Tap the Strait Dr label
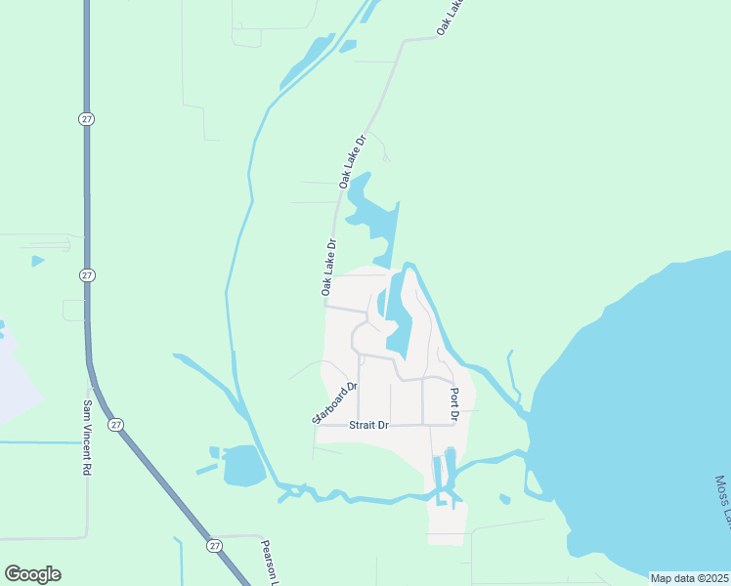click(x=369, y=425)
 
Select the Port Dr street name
click(x=454, y=398)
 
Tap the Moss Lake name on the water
click(x=721, y=502)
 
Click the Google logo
click(x=32, y=574)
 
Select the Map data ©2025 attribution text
click(x=689, y=578)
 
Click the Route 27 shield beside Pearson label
click(x=213, y=542)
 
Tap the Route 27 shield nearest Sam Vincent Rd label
click(x=116, y=424)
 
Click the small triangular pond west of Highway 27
click(x=37, y=261)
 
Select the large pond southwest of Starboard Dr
click(x=243, y=466)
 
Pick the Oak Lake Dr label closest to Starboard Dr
click(x=328, y=268)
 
